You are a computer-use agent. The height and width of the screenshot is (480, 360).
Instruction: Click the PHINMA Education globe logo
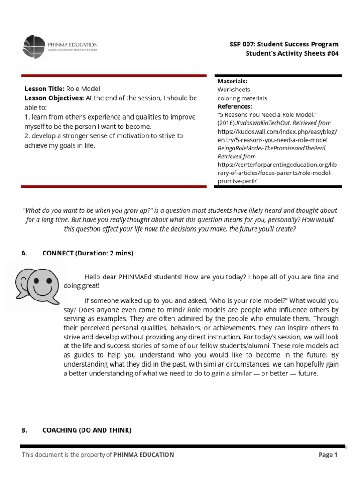pos(34,47)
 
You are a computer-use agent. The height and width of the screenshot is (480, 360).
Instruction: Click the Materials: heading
pos(232,81)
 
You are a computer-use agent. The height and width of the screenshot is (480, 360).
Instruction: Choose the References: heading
pos(235,106)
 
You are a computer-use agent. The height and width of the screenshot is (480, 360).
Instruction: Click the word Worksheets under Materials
pos(234,90)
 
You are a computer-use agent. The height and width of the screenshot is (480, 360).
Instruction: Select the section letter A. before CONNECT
pos(24,253)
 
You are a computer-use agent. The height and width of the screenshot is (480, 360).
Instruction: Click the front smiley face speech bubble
pos(44,283)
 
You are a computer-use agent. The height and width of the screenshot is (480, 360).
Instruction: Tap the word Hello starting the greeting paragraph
pos(93,277)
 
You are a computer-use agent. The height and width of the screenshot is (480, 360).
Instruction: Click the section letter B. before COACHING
pos(24,430)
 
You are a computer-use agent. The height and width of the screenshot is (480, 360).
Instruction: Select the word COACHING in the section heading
pos(60,430)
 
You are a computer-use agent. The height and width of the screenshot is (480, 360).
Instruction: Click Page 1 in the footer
pos(328,455)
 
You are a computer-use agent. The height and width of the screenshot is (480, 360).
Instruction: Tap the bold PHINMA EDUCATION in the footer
pos(143,455)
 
